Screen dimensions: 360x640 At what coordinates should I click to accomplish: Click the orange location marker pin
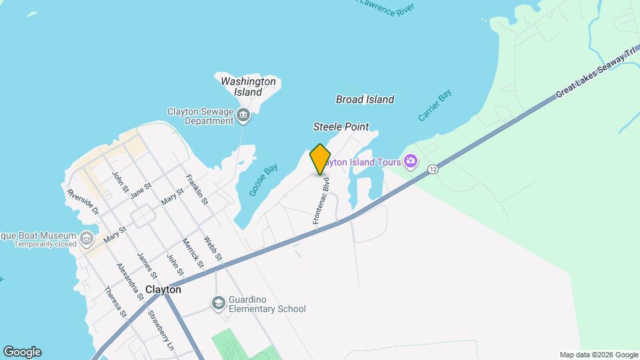(320, 159)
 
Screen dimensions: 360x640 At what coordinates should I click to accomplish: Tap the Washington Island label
(248, 86)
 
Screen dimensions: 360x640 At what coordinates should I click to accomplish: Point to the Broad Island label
(365, 99)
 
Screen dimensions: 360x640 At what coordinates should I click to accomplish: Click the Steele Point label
(341, 127)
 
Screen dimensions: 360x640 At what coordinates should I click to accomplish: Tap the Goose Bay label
(263, 180)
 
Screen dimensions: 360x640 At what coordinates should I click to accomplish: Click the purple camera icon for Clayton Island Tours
(411, 161)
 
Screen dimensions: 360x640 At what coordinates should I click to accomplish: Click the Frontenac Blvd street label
(321, 199)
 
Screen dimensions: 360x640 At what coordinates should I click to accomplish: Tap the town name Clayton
(163, 290)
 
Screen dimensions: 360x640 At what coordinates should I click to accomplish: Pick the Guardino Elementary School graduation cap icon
(218, 304)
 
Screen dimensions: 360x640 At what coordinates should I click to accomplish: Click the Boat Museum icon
(87, 238)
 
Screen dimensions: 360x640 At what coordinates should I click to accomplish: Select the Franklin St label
(197, 189)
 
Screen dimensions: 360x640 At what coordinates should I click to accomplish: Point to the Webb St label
(213, 249)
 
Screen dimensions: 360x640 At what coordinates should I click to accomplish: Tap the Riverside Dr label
(83, 202)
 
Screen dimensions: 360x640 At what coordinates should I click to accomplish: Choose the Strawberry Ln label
(161, 331)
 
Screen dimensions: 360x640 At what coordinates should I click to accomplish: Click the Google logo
(22, 351)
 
